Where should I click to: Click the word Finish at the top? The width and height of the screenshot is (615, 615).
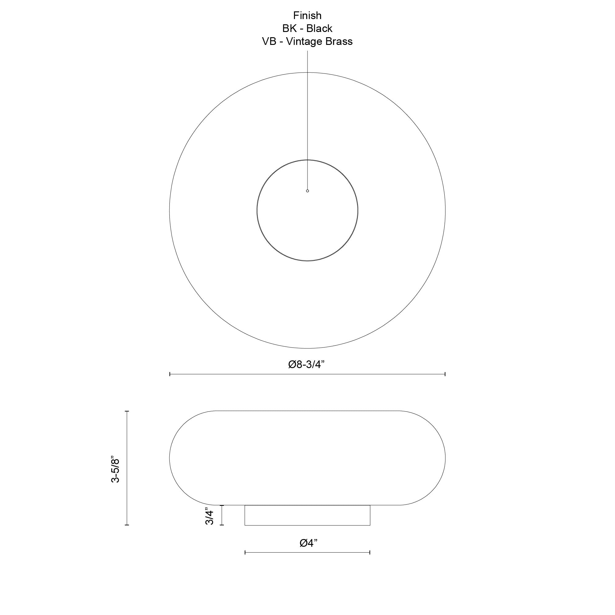[x=307, y=15]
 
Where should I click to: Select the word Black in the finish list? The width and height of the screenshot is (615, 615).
[x=319, y=28]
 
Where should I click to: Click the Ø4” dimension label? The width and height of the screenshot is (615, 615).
[x=308, y=543]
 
